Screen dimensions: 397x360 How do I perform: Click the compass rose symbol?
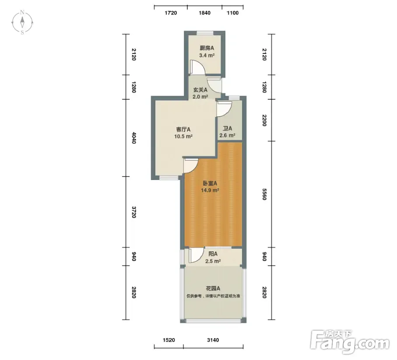[22, 22]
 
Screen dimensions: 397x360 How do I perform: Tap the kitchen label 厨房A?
[207, 48]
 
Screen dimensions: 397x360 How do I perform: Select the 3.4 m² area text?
[207, 55]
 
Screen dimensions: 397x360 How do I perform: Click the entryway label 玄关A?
[200, 90]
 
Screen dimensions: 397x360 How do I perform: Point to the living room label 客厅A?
[183, 130]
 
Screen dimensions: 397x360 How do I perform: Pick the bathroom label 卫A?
[227, 128]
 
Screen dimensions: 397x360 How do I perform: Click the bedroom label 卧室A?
[210, 183]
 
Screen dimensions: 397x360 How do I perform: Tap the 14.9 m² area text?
[210, 190]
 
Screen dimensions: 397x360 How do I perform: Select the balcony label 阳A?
[213, 254]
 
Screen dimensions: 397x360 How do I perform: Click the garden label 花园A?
[213, 288]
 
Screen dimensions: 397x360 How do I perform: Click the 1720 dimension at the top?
[171, 13]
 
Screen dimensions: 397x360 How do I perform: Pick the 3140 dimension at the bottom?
[213, 340]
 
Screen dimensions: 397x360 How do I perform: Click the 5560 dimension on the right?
[264, 194]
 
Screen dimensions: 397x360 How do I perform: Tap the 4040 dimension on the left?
[134, 138]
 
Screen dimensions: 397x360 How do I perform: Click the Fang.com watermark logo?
[350, 342]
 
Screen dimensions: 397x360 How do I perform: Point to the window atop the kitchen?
[205, 32]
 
